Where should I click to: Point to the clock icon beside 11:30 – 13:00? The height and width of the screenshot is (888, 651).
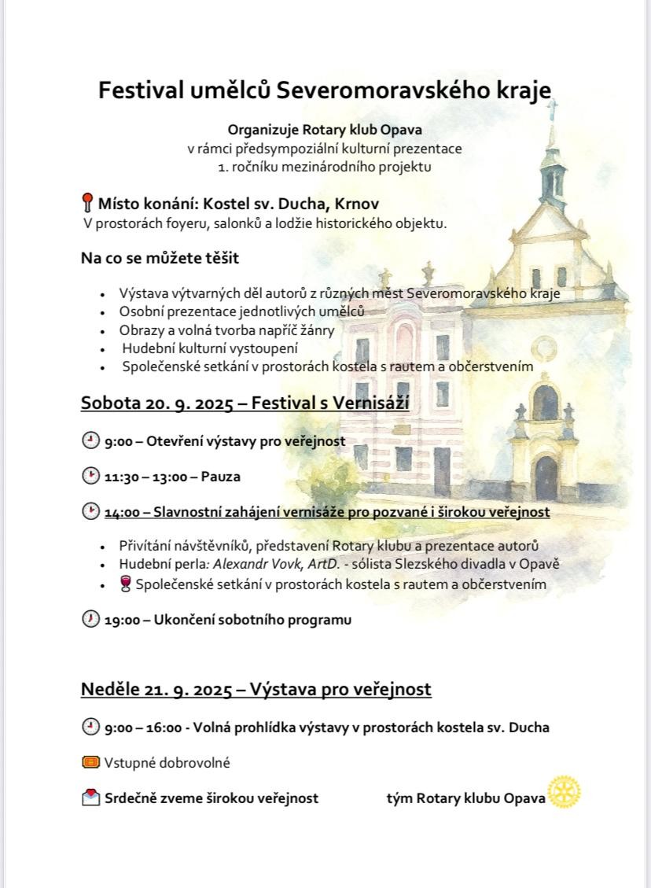pos(90,476)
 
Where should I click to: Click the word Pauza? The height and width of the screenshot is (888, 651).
pos(220,477)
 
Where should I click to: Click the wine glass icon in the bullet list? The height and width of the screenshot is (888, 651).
pos(125,584)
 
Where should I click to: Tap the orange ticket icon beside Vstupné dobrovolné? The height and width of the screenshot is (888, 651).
pos(90,762)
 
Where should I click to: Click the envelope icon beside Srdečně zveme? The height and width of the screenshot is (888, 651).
pos(90,798)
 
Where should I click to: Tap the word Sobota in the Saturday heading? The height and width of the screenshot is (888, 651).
pos(110,403)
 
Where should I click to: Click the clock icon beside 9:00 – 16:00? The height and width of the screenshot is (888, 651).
pos(90,727)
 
